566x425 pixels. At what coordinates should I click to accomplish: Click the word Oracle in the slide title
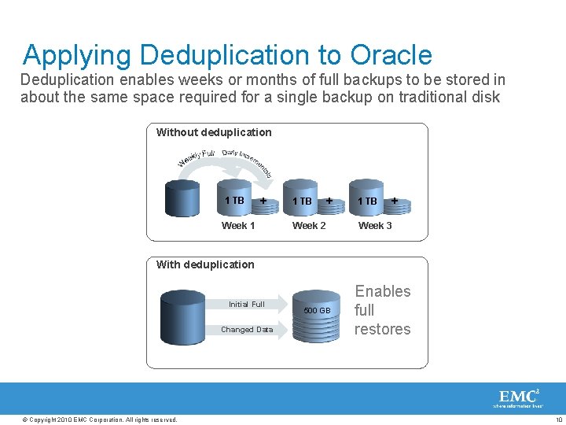coord(391,55)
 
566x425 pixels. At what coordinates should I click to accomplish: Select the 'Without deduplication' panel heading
coord(214,132)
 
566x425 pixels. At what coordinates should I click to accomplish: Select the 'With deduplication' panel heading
coord(205,264)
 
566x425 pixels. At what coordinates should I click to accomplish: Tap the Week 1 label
coord(238,226)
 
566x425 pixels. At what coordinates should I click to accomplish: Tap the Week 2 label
coord(309,226)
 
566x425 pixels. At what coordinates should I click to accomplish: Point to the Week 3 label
coord(375,226)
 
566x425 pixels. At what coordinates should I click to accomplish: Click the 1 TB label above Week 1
coord(234,201)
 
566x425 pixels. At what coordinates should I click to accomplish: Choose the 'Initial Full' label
coord(246,304)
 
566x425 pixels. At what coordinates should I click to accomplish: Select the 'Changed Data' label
coord(247,330)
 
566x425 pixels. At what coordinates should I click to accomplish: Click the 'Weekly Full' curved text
coord(197,157)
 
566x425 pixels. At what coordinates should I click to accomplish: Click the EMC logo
coord(519,397)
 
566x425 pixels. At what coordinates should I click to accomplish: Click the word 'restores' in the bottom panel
coord(383,329)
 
